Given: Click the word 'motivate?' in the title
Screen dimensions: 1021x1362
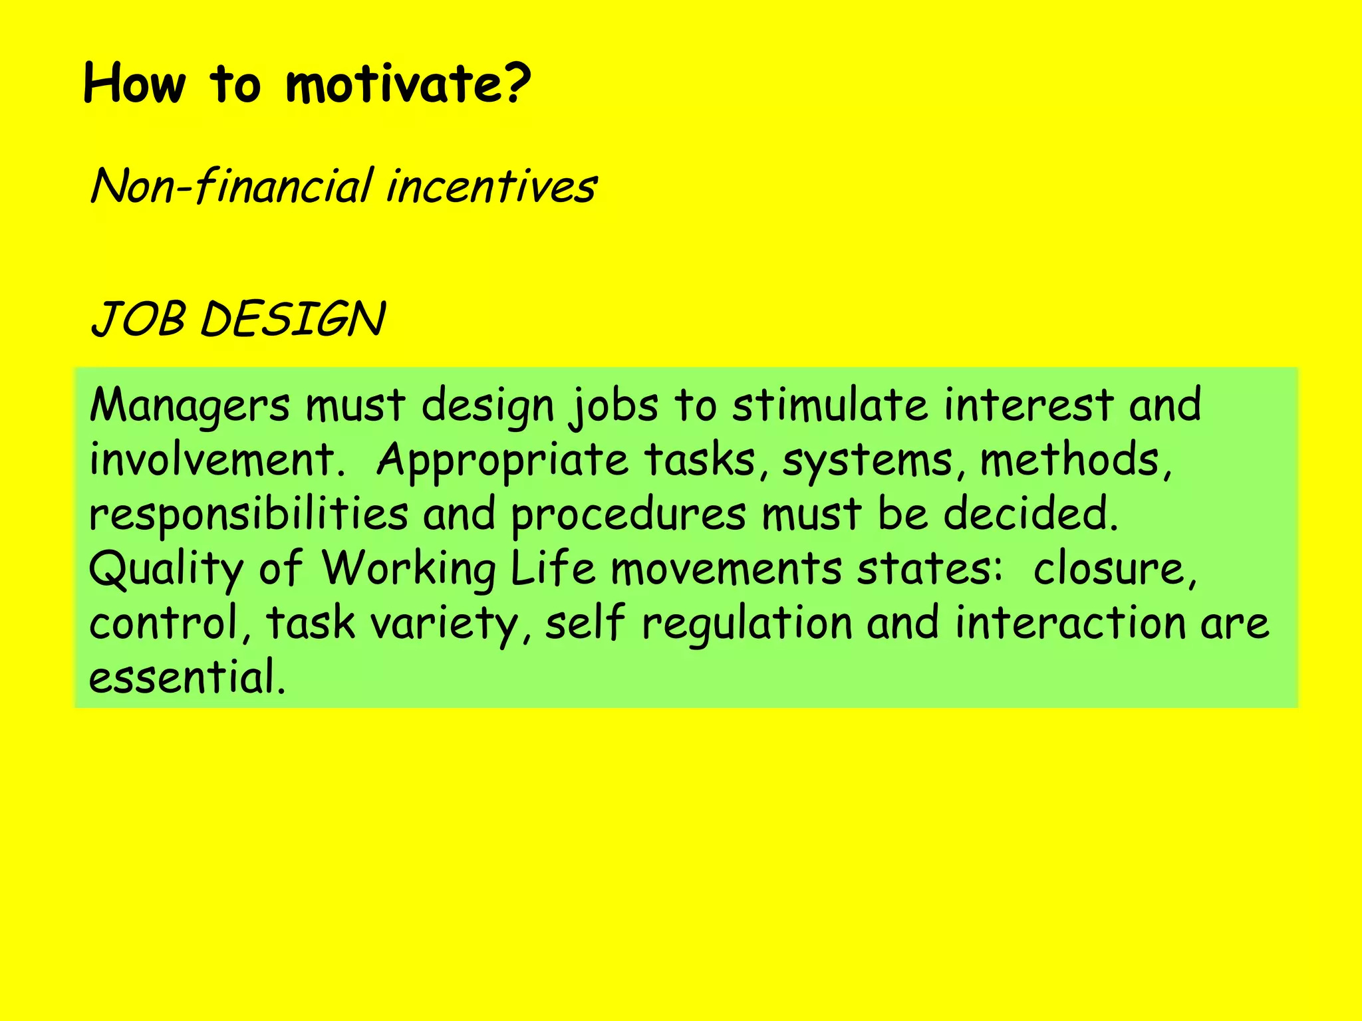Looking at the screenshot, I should pos(408,84).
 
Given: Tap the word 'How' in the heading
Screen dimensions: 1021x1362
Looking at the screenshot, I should pos(134,84).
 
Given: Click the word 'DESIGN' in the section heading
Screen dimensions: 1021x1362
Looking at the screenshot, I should pos(293,319).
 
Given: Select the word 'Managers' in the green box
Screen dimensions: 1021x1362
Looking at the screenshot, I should pos(190,405).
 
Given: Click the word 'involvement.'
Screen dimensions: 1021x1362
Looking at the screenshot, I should pos(217,460).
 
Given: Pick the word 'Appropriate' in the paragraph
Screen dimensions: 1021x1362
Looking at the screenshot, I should pos(503,460).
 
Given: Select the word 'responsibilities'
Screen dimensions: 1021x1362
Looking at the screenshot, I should pos(249,514).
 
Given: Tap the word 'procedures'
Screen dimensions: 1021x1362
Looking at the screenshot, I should pos(628,514).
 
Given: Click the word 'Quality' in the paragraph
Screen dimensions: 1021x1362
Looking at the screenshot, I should pos(166,569).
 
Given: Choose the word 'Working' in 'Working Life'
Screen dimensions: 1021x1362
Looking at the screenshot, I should pos(408,569).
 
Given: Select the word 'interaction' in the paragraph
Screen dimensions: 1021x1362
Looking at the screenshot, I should pos(1071,624).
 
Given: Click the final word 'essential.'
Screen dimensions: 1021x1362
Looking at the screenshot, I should pos(187,677).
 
